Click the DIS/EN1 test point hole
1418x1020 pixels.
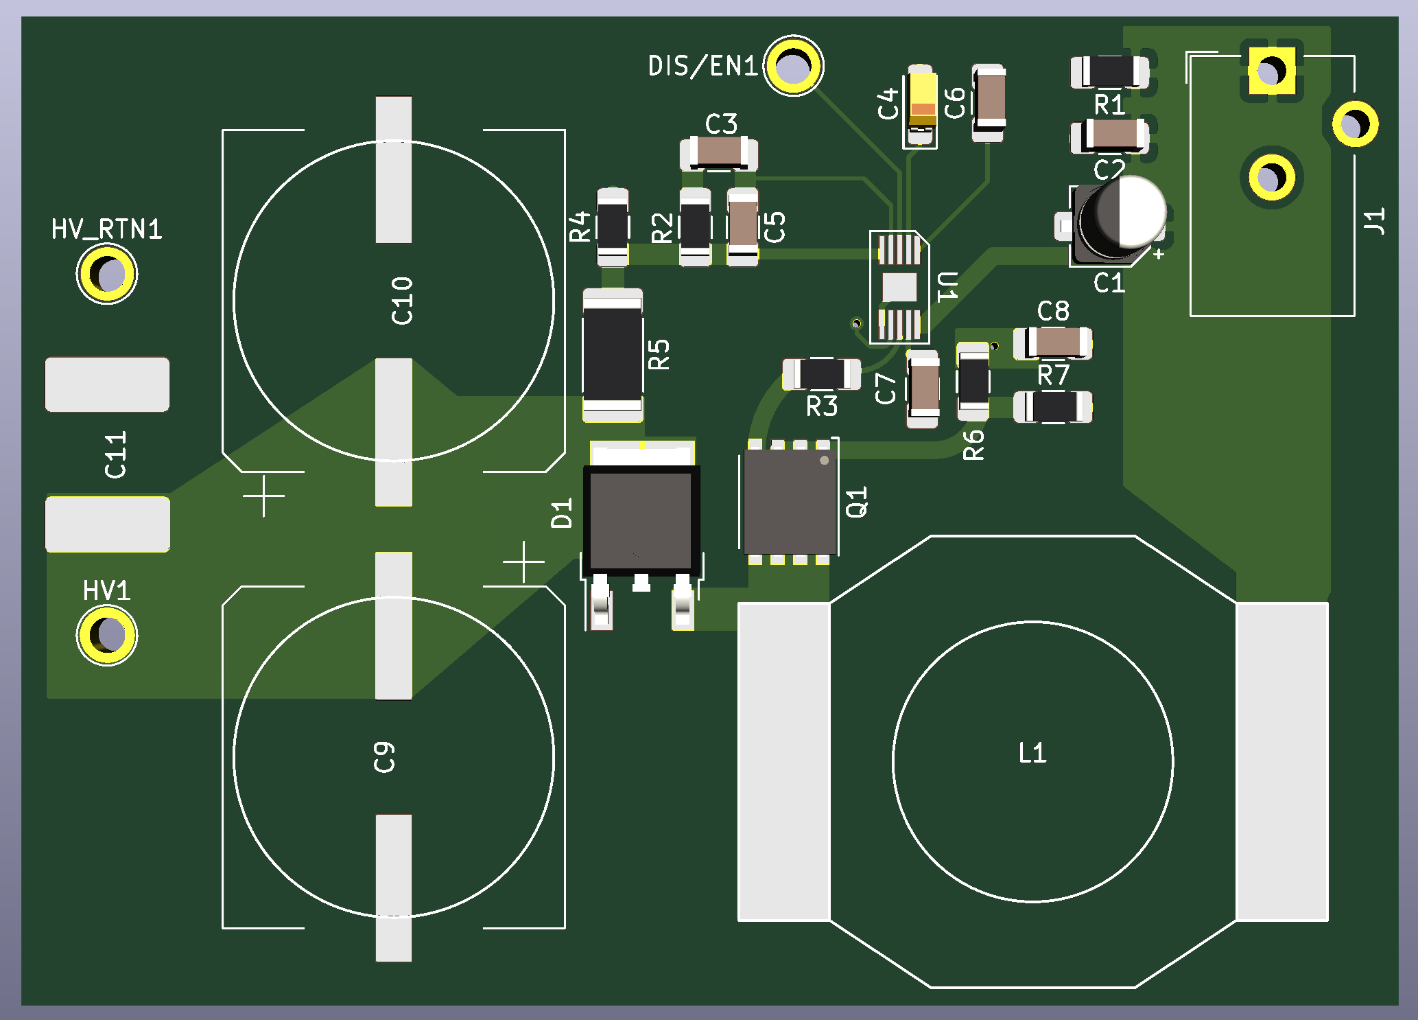click(x=794, y=66)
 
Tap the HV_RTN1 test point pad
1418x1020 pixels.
click(x=107, y=274)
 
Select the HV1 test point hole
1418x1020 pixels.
click(x=107, y=635)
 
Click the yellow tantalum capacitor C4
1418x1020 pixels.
click(x=921, y=104)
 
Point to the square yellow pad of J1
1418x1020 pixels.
click(x=1271, y=71)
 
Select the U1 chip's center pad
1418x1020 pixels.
click(x=899, y=287)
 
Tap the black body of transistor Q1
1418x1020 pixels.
click(x=790, y=501)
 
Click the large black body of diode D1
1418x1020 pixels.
click(x=641, y=519)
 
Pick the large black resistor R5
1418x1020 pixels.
click(x=613, y=354)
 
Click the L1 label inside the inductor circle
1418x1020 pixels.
click(x=1032, y=754)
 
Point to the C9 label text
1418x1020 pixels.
click(x=384, y=757)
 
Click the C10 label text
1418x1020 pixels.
click(x=402, y=301)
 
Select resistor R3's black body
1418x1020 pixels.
click(x=821, y=373)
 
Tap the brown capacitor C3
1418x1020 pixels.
click(x=718, y=152)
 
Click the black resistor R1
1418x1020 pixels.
click(x=1109, y=71)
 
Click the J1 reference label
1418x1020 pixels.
click(x=1373, y=221)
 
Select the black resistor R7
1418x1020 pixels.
click(x=1054, y=406)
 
